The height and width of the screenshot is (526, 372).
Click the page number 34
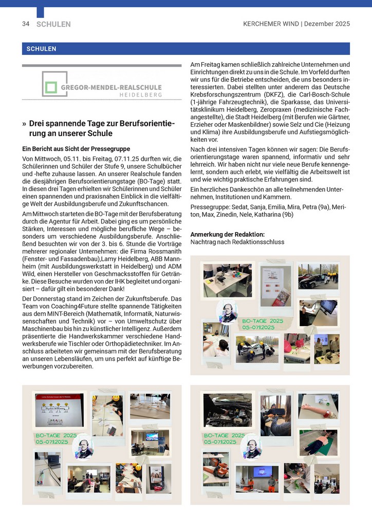pyautogui.click(x=26, y=24)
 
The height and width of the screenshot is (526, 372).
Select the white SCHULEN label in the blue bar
pyautogui.click(x=40, y=49)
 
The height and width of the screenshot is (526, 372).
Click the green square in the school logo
pyautogui.click(x=50, y=87)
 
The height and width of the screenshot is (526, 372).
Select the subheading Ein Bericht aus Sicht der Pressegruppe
pyautogui.click(x=76, y=149)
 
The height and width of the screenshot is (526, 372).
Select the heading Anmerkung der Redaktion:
pyautogui.click(x=227, y=234)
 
